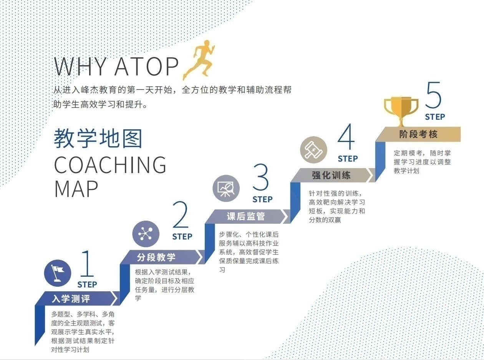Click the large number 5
pyautogui.click(x=434, y=94)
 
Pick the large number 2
pyautogui.click(x=181, y=215)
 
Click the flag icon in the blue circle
pyautogui.click(x=58, y=273)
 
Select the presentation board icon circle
pyautogui.click(x=226, y=188)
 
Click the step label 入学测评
pyautogui.click(x=71, y=298)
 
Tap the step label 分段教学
pyautogui.click(x=156, y=257)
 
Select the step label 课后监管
pyautogui.click(x=246, y=216)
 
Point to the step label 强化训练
pyautogui.click(x=331, y=175)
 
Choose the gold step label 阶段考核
pyautogui.click(x=418, y=134)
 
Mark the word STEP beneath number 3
pyautogui.click(x=262, y=200)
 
